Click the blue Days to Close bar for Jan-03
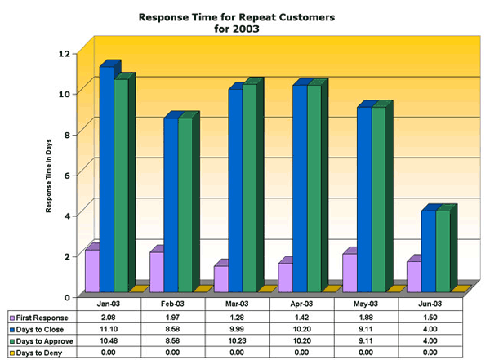coord(106,180)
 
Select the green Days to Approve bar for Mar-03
coord(249,188)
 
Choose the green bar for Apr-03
coord(314,188)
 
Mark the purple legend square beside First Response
coord(11,317)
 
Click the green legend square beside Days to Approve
coord(11,340)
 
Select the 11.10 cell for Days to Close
coord(110,328)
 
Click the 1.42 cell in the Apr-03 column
coord(303,317)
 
